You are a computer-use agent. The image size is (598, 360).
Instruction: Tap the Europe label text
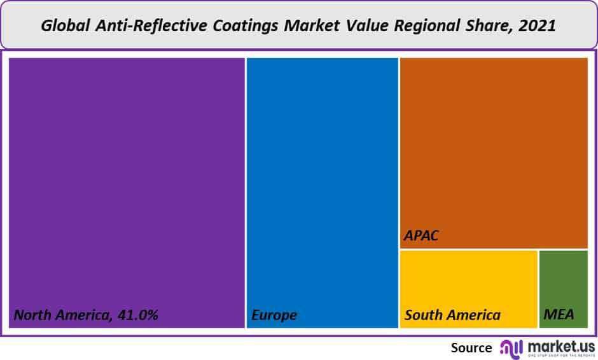[x=274, y=315]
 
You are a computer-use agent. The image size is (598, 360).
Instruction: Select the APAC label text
[x=421, y=237]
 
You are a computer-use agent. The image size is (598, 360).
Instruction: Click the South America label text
[x=452, y=315]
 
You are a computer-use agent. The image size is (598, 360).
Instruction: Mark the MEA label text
[x=559, y=315]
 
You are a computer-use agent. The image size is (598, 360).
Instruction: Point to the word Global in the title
[x=64, y=26]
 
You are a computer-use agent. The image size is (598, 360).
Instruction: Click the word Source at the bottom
[x=471, y=347]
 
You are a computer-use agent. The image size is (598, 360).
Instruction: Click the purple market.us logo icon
[x=511, y=347]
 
